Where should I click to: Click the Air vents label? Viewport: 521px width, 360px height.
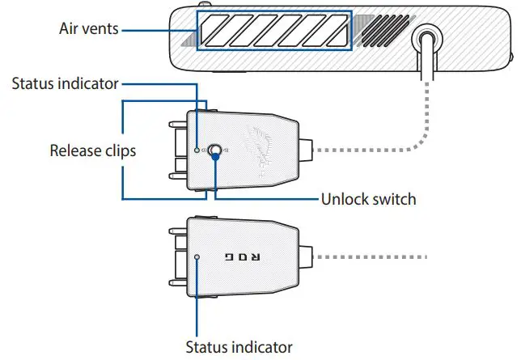coord(89,28)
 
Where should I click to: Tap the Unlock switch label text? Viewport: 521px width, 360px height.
coord(368,199)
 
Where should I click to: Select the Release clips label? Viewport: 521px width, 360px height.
coord(93,150)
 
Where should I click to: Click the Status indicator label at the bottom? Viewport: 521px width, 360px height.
coord(239,347)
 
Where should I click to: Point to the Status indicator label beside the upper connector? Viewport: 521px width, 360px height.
coord(65,83)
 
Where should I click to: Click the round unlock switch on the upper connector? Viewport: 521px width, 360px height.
coord(215,150)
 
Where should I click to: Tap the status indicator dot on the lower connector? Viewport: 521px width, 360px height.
coord(197,257)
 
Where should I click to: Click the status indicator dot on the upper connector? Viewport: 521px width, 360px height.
coord(197,150)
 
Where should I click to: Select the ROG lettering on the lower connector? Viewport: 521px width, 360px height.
coord(243,257)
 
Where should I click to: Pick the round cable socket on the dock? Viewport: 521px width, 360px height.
coord(427,39)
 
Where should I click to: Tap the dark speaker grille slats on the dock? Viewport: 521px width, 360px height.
coord(385,32)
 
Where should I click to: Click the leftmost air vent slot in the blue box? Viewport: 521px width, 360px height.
coord(215,31)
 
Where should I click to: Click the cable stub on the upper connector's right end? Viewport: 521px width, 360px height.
coord(306,150)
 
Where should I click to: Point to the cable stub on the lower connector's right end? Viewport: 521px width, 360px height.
coord(306,257)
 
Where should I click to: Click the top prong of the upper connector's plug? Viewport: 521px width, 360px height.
coord(178,125)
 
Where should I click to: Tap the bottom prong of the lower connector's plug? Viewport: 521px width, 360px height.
coord(178,283)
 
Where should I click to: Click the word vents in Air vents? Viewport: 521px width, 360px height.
coord(100,29)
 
